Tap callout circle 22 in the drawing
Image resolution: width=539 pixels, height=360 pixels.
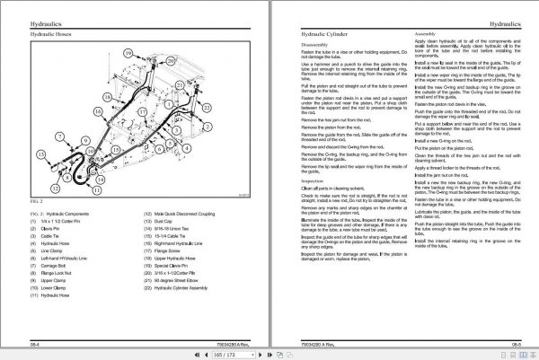point(206,107)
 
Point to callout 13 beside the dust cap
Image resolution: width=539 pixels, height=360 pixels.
point(41,154)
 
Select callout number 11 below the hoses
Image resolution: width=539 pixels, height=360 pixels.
point(96,190)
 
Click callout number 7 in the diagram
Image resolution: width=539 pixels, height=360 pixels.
point(60,136)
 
